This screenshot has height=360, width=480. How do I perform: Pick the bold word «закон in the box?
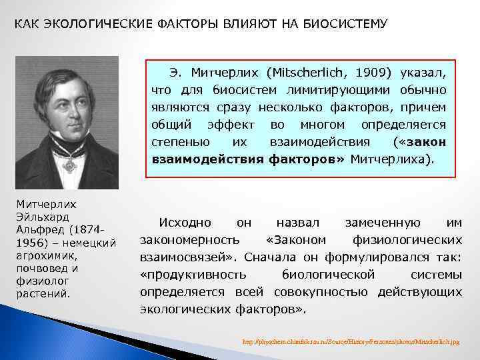point(420,141)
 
